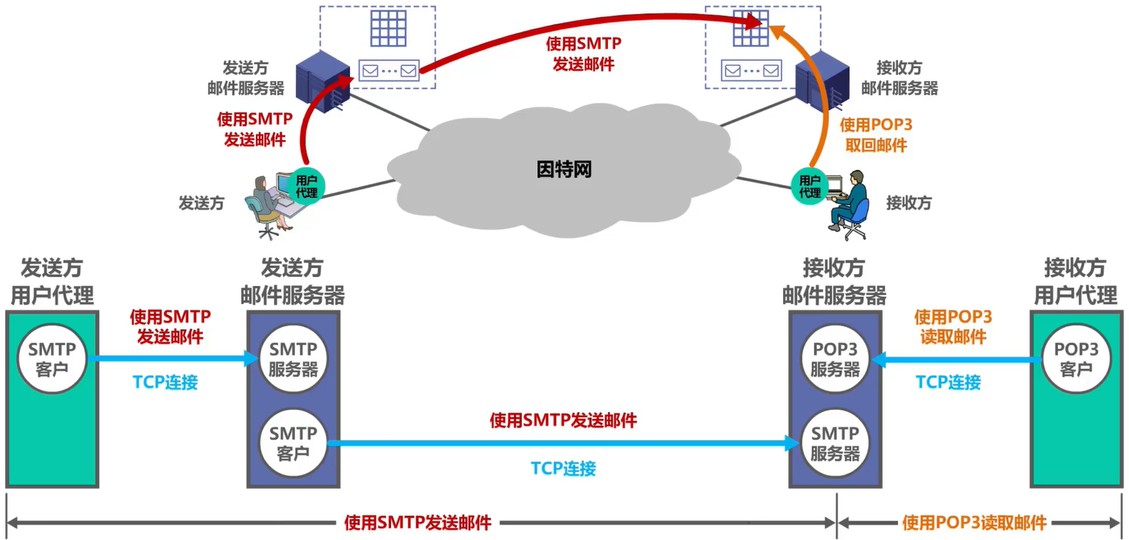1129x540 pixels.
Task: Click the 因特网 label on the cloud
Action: click(564, 170)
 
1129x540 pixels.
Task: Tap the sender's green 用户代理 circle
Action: click(306, 186)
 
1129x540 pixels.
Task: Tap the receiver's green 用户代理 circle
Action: click(809, 186)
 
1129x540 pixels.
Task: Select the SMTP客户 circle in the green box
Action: click(52, 359)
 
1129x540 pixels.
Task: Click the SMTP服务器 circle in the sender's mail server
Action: click(293, 359)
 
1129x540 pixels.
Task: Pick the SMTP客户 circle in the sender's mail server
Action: click(293, 443)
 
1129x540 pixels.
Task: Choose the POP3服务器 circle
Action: click(835, 359)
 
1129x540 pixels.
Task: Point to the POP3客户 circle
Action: click(1076, 359)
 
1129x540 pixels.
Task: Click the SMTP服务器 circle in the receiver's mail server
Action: click(835, 443)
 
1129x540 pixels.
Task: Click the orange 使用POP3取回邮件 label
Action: click(876, 134)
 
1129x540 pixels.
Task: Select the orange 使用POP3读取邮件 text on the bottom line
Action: click(974, 523)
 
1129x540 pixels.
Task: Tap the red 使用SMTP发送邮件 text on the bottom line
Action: click(418, 523)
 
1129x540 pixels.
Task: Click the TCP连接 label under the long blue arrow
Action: click(563, 469)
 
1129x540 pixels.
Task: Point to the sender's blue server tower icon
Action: click(323, 81)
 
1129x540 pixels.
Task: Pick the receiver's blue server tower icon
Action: click(823, 80)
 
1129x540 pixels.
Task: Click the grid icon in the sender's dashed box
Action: click(388, 29)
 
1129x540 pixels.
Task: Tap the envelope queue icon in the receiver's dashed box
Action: click(751, 70)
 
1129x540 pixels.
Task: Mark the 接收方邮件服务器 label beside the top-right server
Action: click(899, 78)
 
